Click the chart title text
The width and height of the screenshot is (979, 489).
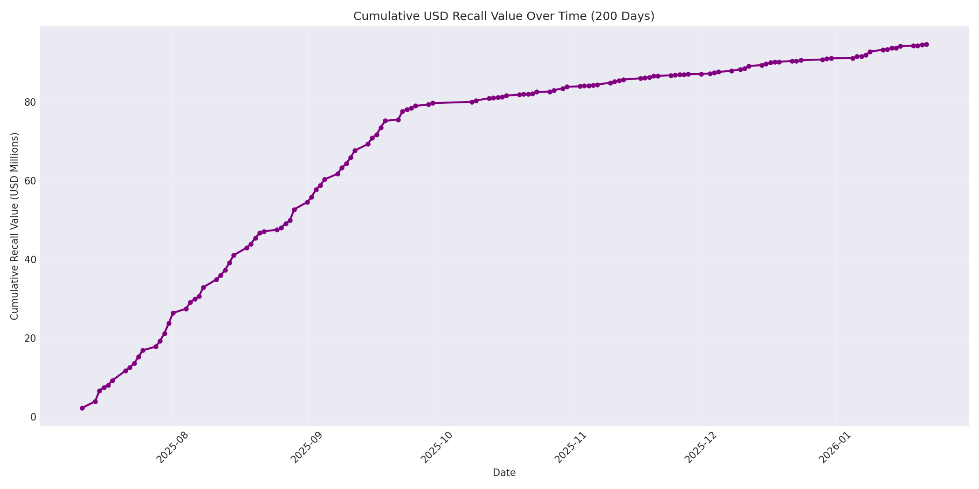(503, 16)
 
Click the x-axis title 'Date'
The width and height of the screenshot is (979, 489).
(504, 473)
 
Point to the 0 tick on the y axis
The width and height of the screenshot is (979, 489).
(33, 417)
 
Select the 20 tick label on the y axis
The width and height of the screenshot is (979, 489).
(31, 338)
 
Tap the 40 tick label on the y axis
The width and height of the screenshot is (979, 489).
(31, 259)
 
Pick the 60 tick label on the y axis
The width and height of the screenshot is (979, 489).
(31, 181)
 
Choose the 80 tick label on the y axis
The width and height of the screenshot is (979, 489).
(31, 102)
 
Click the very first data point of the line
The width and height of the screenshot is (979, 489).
(82, 408)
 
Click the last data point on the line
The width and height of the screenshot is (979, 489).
(926, 44)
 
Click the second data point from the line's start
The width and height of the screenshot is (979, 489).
(95, 401)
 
